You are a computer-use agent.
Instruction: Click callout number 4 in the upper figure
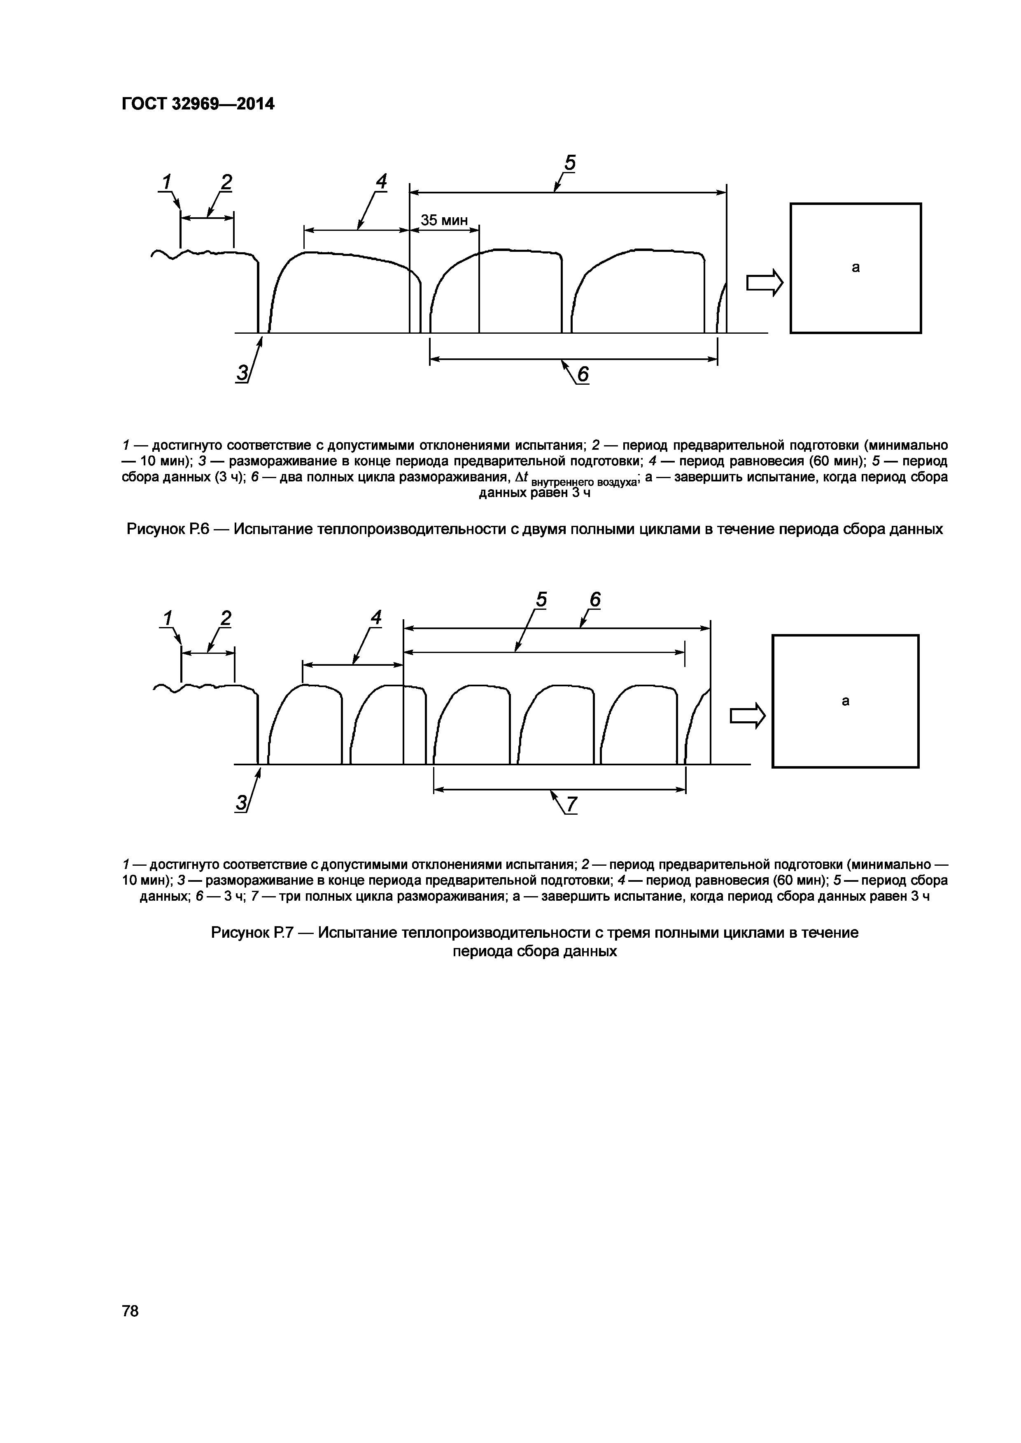click(381, 181)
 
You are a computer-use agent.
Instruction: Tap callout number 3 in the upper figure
click(241, 373)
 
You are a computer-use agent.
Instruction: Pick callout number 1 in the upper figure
click(167, 182)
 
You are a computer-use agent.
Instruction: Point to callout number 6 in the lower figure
click(595, 600)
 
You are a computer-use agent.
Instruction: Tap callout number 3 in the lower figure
click(241, 803)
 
